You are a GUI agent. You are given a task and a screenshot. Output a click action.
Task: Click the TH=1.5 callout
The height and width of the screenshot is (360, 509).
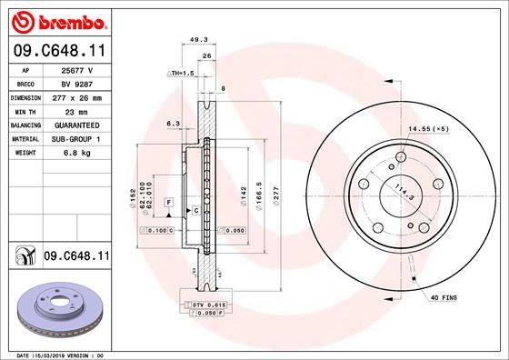point(181,71)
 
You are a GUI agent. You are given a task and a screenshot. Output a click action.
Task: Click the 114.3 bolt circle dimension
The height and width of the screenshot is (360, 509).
point(395,193)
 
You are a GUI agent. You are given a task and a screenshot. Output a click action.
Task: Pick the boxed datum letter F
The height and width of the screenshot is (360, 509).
point(168,200)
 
